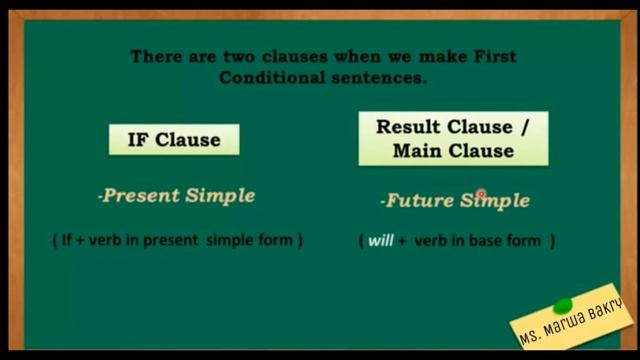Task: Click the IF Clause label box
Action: click(174, 139)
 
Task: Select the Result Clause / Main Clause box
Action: click(453, 139)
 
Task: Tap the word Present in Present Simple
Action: click(140, 196)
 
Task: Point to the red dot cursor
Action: click(481, 195)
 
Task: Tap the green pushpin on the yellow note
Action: click(562, 304)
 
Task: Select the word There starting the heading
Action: click(155, 57)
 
